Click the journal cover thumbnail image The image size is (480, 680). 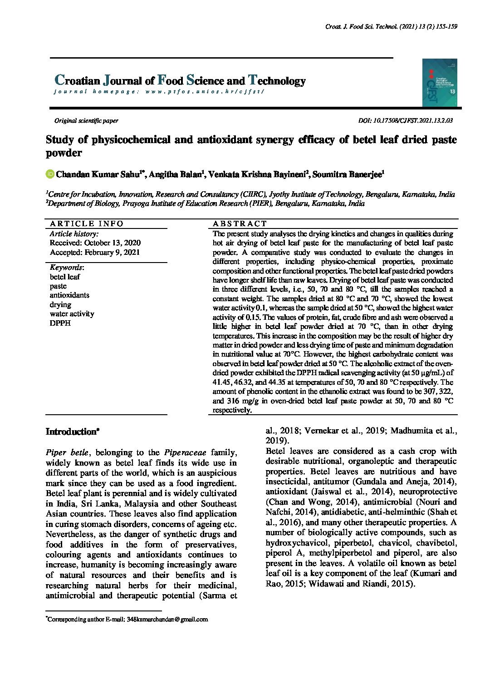[439, 83]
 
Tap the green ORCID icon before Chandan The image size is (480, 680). [50, 174]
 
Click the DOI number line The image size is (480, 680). [405, 121]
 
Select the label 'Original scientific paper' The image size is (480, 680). [86, 121]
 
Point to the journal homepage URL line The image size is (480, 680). [159, 92]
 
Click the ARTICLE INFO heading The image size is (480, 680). [86, 223]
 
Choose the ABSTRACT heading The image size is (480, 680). [240, 223]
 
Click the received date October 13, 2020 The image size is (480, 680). [95, 243]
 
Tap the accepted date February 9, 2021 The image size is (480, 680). [95, 253]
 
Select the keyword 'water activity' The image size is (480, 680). [72, 314]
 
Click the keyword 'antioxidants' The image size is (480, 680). [69, 295]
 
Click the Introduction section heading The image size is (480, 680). [72, 432]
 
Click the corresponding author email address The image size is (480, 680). [167, 619]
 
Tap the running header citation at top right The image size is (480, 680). [391, 27]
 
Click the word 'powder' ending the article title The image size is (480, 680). [64, 153]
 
